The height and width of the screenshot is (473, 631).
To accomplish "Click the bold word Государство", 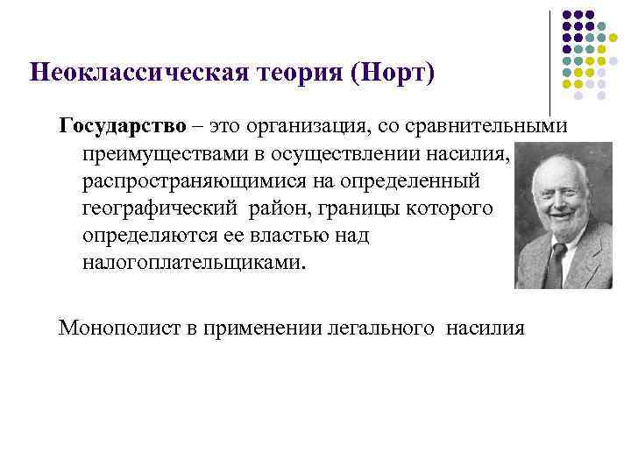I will click(x=123, y=126).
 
